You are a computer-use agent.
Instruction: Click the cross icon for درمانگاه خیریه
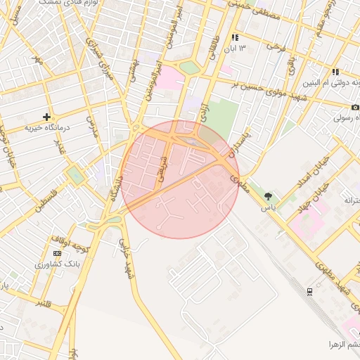pos(47,117)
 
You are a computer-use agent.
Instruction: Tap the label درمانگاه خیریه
pos(48,128)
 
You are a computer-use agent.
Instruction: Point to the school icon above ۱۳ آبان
pos(235,37)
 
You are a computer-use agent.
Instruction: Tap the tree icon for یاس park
pos(268,195)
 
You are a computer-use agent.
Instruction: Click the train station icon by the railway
pos(310,291)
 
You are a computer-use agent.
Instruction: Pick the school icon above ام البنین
pos(335,72)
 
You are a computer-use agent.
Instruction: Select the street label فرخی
pos(274,45)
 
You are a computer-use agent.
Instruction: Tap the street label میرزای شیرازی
pos(98,56)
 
